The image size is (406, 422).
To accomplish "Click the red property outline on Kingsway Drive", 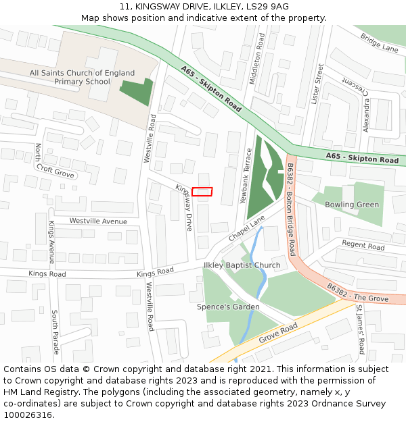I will click(x=202, y=192).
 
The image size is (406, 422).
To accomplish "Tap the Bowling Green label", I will click(x=352, y=205).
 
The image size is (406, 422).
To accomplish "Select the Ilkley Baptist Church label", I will click(x=242, y=265).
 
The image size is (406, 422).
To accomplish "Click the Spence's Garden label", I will click(x=228, y=307).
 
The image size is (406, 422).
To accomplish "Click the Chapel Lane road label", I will click(x=246, y=230).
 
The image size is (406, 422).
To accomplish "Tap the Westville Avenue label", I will click(x=98, y=221).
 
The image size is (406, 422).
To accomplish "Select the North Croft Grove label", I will click(x=54, y=162).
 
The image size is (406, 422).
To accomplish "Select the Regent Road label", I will click(x=363, y=245).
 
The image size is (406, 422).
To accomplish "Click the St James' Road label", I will click(x=360, y=329).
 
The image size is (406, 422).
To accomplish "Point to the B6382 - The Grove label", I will click(x=357, y=294).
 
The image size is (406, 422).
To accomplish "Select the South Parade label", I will click(x=55, y=332).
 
